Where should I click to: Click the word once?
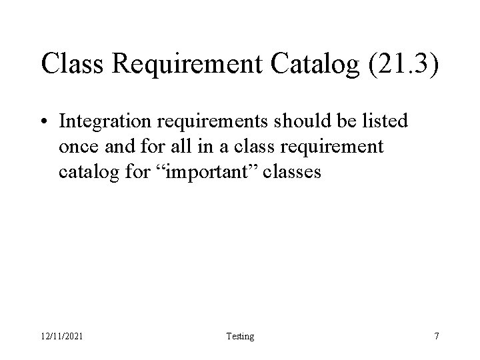point(77,147)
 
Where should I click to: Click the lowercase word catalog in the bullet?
point(83,172)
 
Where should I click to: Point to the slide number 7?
point(436,336)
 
